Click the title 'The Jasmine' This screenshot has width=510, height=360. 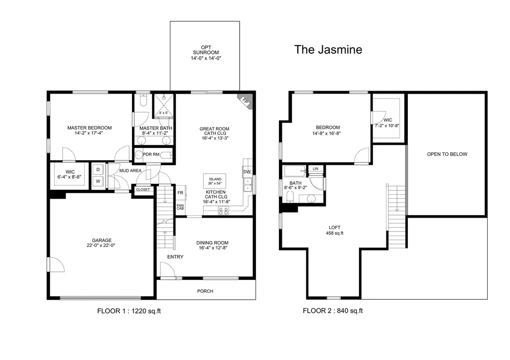(x=328, y=49)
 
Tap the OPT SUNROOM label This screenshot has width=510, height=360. (x=206, y=50)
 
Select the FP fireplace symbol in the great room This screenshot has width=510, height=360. (x=246, y=101)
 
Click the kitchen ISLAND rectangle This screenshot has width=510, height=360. (x=215, y=181)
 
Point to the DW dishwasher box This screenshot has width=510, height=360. (x=247, y=172)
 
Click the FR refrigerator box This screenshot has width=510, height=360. (x=180, y=193)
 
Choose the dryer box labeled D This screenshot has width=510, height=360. (x=98, y=170)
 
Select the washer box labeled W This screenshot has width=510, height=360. (x=98, y=181)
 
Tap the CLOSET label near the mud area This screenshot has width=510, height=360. (x=143, y=190)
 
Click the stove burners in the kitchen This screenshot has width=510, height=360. (x=224, y=211)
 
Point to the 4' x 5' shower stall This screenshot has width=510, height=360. (x=163, y=106)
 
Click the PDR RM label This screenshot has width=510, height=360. (x=151, y=154)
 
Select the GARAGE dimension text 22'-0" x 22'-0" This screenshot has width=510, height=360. (x=101, y=245)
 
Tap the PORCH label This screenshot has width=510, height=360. (x=205, y=291)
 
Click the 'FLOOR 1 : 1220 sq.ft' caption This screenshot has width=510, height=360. (x=129, y=311)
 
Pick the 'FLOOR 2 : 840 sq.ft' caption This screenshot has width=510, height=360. (x=333, y=311)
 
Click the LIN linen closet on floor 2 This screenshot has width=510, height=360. (x=315, y=169)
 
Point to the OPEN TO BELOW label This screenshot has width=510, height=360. (x=447, y=154)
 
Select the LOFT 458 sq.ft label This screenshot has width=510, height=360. (x=335, y=230)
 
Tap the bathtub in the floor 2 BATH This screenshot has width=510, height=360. (x=295, y=171)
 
